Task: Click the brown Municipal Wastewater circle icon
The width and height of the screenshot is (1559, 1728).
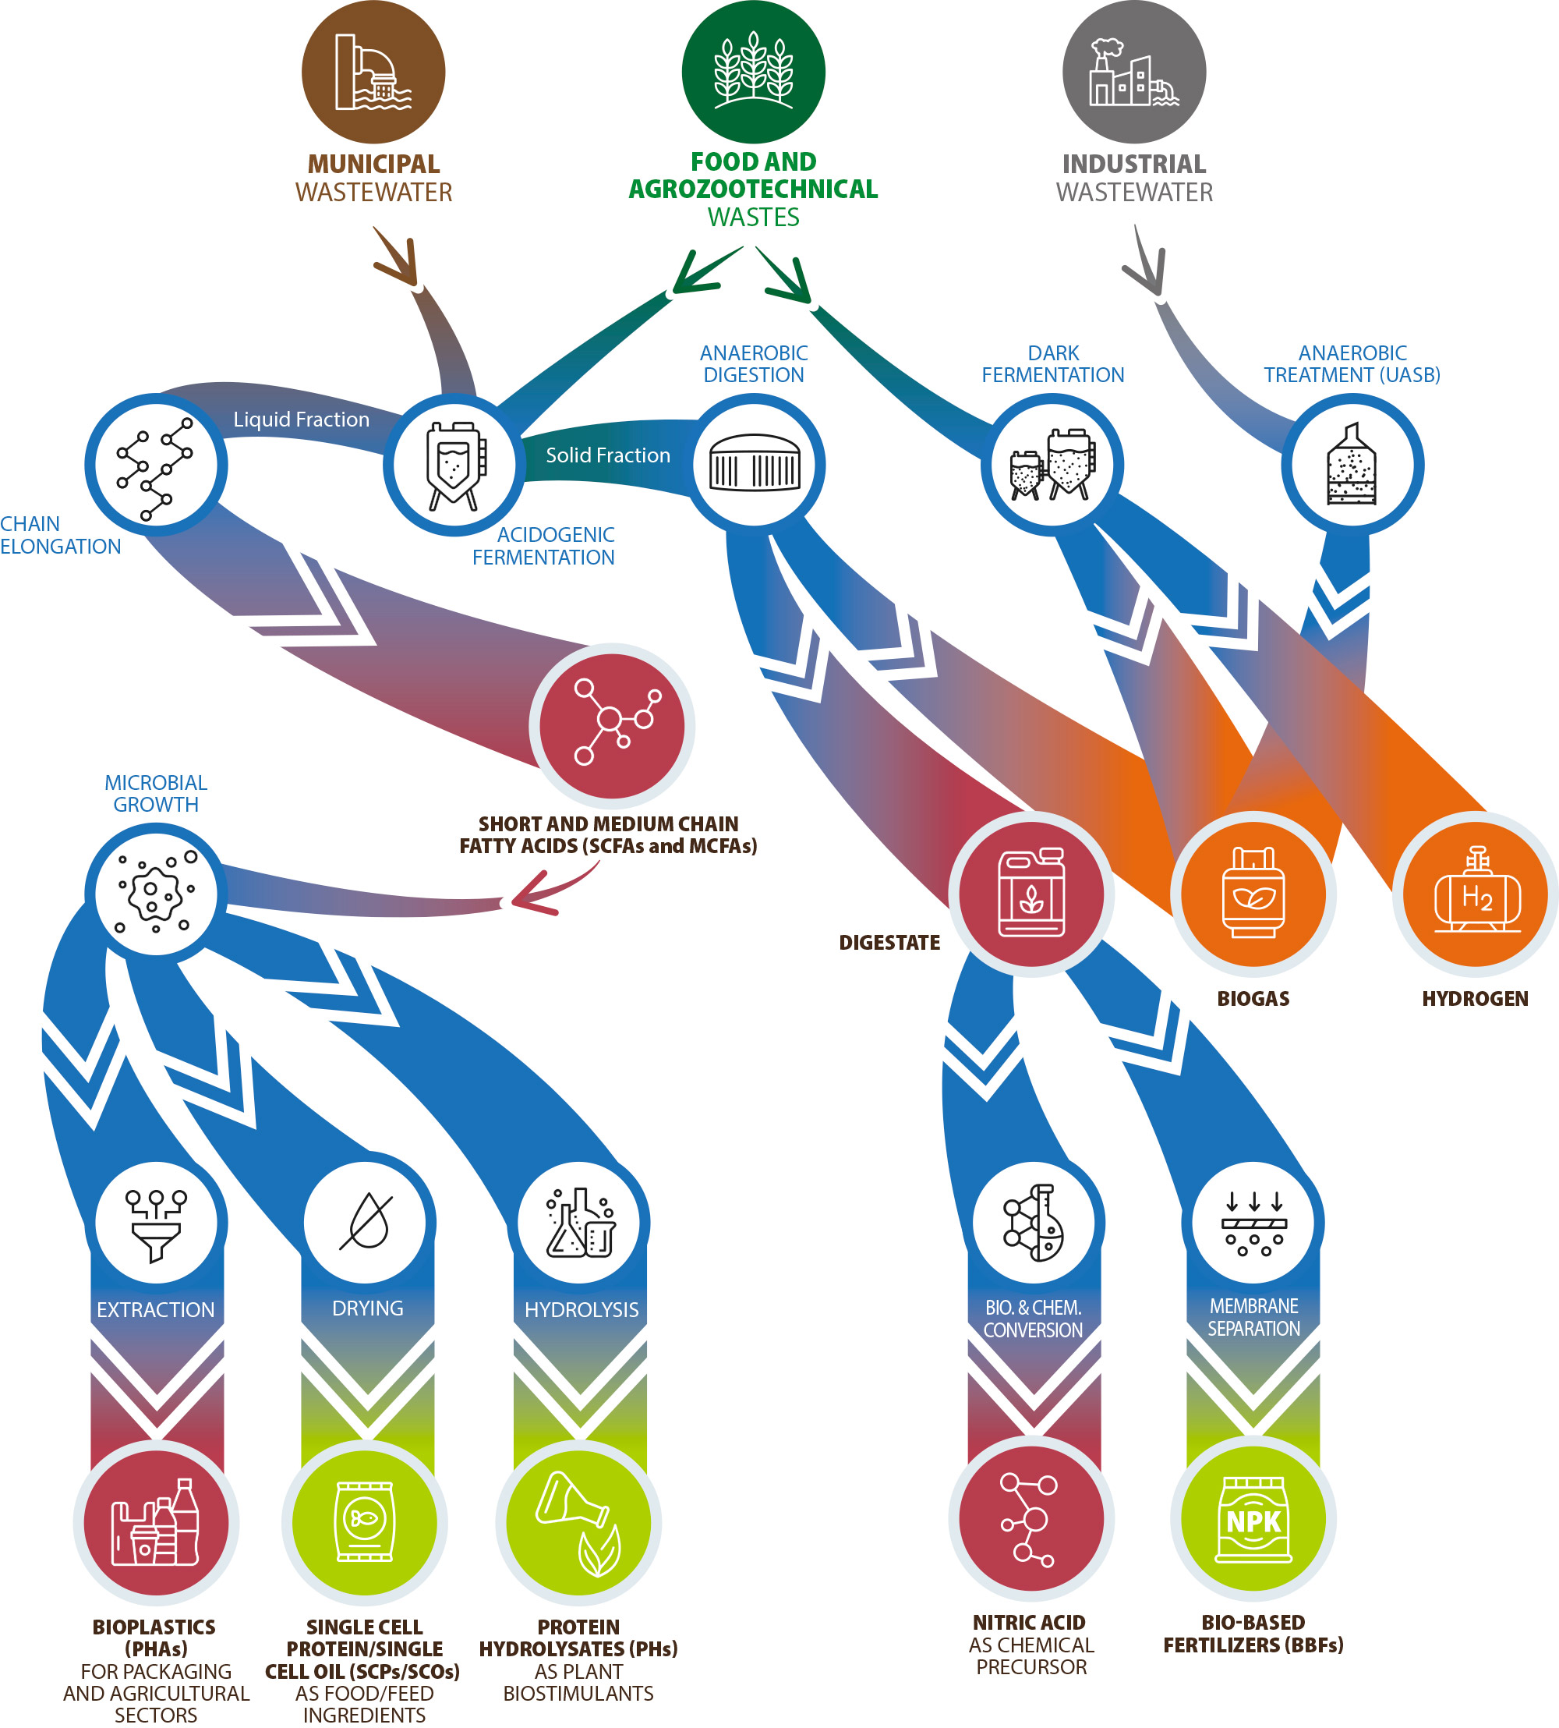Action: click(x=373, y=72)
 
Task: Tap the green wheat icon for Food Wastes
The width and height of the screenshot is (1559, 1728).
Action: click(x=754, y=72)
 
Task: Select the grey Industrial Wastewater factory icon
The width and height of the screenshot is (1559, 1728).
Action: click(x=1134, y=72)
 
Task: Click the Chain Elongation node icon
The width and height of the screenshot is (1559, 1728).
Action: click(x=156, y=466)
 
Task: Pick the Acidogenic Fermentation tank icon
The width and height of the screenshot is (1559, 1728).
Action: click(x=454, y=466)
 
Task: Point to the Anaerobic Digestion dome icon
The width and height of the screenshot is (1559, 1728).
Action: click(x=754, y=466)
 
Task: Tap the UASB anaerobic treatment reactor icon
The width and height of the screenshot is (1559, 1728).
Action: click(x=1352, y=466)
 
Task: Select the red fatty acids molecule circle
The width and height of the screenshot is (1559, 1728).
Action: click(x=612, y=727)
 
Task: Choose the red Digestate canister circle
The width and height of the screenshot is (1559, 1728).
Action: click(x=1031, y=894)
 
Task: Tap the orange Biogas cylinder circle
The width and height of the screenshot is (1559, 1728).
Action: click(x=1253, y=894)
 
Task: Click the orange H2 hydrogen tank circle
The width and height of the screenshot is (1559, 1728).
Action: click(x=1475, y=894)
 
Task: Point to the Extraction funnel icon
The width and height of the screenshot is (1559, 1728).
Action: click(x=156, y=1223)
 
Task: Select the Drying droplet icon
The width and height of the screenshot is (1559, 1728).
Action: click(x=366, y=1223)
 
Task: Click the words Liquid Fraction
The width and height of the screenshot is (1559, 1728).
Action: click(x=302, y=420)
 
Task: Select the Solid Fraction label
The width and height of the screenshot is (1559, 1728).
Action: click(x=608, y=455)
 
